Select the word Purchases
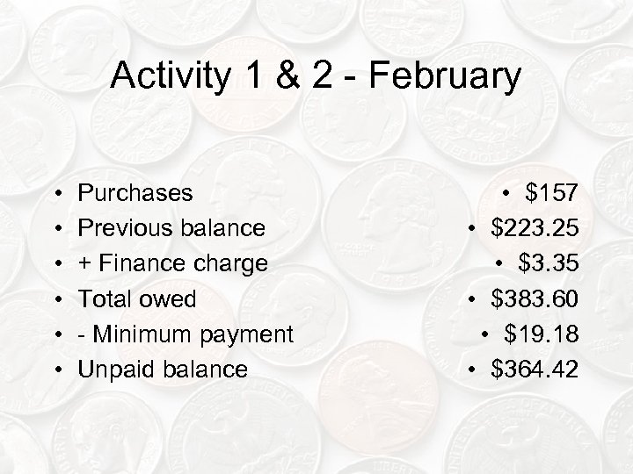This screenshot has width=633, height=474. [x=136, y=192]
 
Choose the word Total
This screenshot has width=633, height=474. [x=104, y=298]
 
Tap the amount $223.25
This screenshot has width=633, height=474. [x=535, y=228]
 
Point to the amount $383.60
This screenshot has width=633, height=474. [x=535, y=298]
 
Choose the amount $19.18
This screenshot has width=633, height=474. [x=542, y=334]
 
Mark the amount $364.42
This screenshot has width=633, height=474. [x=535, y=370]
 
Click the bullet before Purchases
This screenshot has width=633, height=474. [x=56, y=193]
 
